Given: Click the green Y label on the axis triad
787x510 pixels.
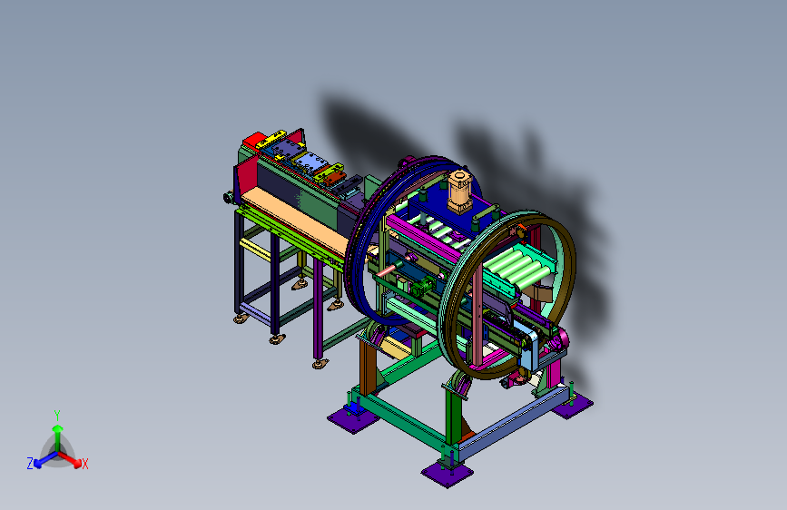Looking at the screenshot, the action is point(57,416).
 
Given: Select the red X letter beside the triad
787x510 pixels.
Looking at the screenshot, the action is point(85,464).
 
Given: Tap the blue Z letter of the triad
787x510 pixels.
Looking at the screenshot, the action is point(30,464).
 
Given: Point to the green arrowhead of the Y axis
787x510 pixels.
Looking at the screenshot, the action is point(58,429).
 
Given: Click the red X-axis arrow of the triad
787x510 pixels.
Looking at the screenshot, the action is point(69,458).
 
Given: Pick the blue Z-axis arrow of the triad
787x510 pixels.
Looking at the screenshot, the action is point(45,459).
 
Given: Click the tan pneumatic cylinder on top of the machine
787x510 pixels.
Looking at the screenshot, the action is point(459,191).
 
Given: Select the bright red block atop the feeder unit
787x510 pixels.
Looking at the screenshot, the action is point(253,140).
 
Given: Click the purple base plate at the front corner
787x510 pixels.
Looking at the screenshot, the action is point(447,474).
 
